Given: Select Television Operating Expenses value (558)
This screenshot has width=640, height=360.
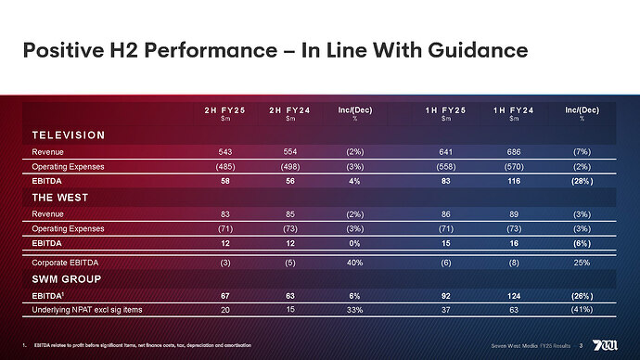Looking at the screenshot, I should (446, 165).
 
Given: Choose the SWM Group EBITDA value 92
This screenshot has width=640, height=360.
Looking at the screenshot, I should (446, 295).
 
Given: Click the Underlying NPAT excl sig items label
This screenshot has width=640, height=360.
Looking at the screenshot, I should (86, 309).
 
